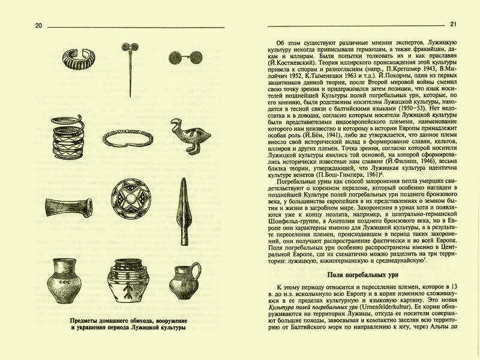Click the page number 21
(454, 24)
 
